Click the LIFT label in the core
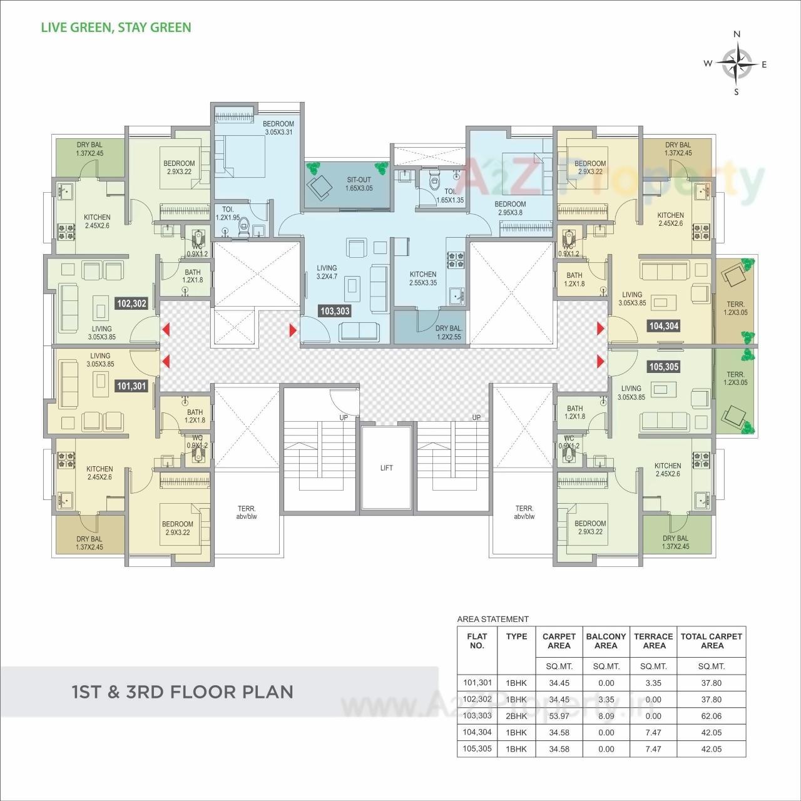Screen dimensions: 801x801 386,468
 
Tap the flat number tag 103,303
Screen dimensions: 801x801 335,311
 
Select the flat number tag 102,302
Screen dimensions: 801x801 131,304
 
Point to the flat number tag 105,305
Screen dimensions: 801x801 664,367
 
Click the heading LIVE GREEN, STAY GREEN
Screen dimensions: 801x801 116,28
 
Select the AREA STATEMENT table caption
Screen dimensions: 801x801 493,620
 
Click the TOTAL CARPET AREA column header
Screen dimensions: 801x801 712,641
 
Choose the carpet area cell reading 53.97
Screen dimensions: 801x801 559,716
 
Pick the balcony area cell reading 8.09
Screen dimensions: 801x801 606,716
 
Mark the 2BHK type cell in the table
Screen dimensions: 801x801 516,716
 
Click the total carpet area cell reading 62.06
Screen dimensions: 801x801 712,716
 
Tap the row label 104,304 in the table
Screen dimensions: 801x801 477,732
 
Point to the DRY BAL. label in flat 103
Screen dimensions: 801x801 449,332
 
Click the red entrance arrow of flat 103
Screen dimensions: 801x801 293,330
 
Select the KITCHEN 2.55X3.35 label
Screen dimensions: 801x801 423,278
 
